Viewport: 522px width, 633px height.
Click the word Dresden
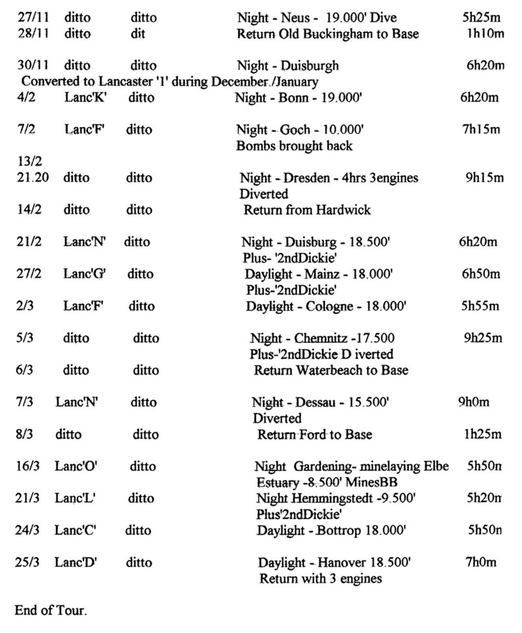pos(312,178)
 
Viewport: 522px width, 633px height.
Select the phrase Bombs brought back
pos(294,146)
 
